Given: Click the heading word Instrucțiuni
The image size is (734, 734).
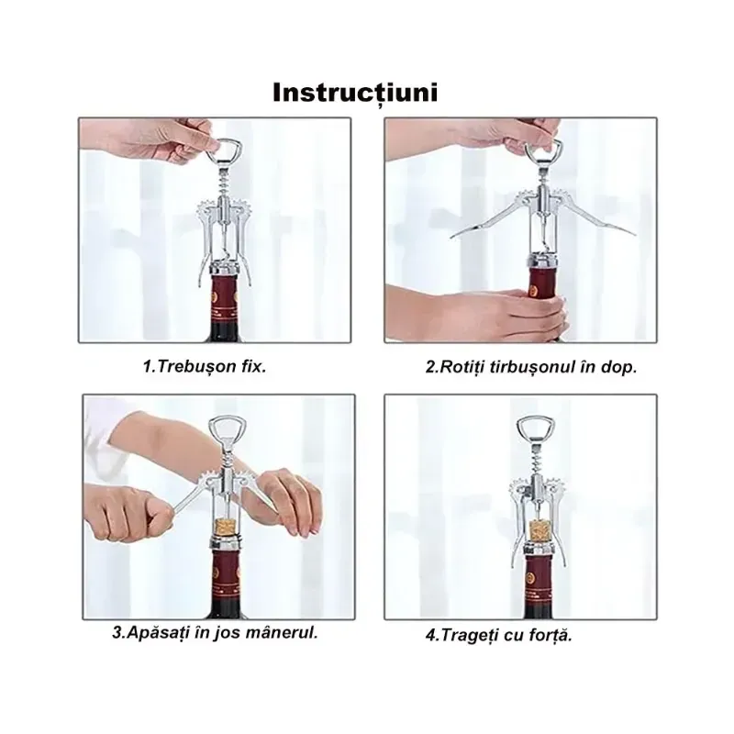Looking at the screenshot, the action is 355,93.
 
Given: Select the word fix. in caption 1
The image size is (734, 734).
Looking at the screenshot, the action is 254,366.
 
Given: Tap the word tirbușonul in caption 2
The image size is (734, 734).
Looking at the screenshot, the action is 531,367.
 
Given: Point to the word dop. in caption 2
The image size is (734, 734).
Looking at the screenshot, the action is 618,368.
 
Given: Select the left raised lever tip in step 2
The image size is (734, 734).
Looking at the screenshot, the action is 452,237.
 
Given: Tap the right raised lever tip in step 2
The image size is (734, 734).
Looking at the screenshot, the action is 633,233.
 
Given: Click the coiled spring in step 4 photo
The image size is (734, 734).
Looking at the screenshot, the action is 535,461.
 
